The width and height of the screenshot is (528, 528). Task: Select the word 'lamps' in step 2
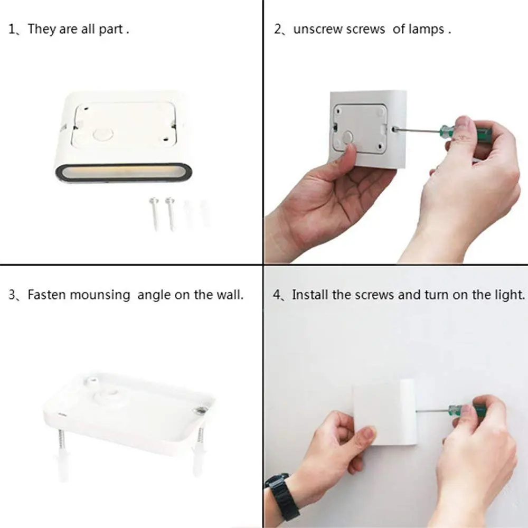tap(427, 29)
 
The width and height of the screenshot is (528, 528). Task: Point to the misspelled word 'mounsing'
tap(100, 295)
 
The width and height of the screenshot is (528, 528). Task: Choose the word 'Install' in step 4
tap(310, 295)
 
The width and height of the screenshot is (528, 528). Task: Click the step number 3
tap(12, 295)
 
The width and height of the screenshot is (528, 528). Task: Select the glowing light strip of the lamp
tap(124, 172)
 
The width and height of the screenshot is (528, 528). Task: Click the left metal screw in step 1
tap(155, 213)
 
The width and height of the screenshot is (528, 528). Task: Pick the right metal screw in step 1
tap(170, 213)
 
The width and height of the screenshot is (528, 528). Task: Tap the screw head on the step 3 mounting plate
tap(200, 410)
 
